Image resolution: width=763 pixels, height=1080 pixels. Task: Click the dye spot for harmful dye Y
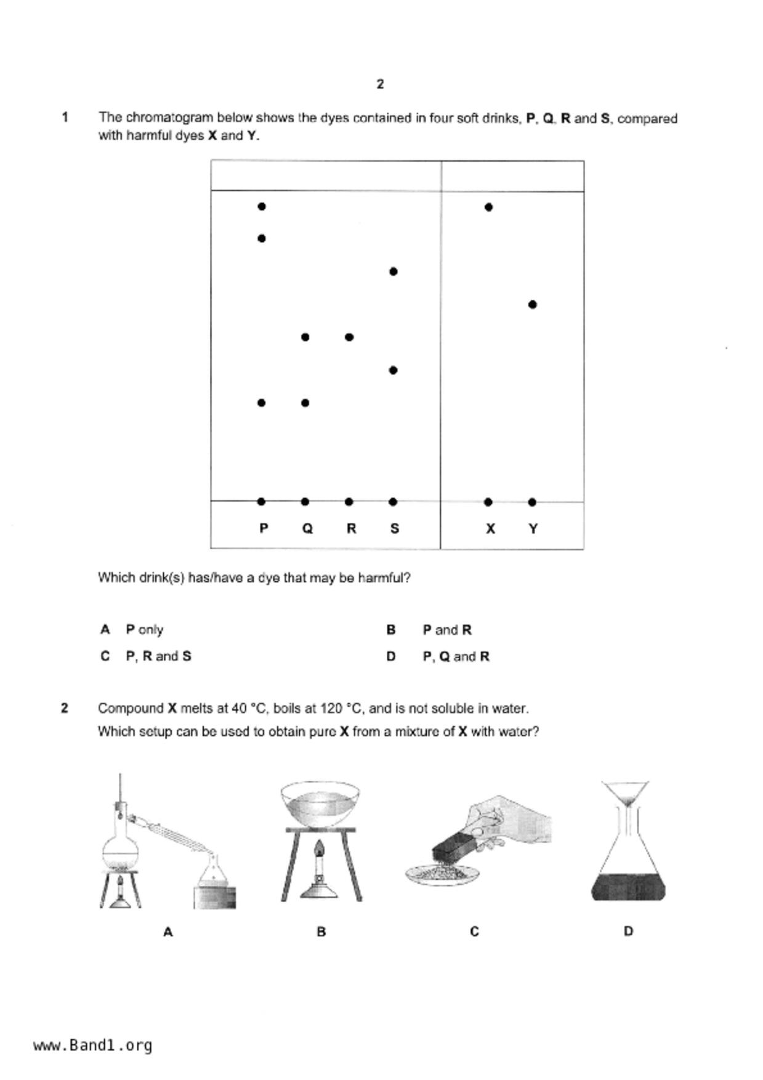tap(533, 304)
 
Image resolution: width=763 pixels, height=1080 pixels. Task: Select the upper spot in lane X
tap(488, 207)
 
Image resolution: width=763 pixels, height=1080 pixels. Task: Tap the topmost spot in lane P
tap(262, 206)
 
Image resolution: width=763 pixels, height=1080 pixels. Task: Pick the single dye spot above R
tap(349, 337)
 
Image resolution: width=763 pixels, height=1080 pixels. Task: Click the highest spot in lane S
tap(394, 272)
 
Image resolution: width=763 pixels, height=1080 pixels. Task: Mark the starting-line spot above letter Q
tap(305, 502)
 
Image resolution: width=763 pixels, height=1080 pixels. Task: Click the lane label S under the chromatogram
tap(395, 528)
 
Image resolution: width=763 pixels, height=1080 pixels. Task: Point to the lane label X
tap(490, 528)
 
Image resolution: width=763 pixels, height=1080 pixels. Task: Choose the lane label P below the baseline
tap(264, 528)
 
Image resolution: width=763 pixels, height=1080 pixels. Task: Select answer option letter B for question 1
tap(390, 629)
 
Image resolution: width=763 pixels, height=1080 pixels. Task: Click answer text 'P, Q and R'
tap(456, 656)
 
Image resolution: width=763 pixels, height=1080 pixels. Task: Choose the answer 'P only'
tap(145, 629)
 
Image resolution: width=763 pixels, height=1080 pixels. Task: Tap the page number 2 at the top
tap(380, 84)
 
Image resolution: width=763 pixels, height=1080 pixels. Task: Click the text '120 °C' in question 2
tap(341, 708)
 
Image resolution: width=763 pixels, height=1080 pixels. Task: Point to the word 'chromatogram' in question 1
tap(171, 117)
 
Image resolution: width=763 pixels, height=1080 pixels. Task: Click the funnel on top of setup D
tap(625, 793)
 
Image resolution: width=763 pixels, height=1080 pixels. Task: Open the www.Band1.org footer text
tap(93, 1045)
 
